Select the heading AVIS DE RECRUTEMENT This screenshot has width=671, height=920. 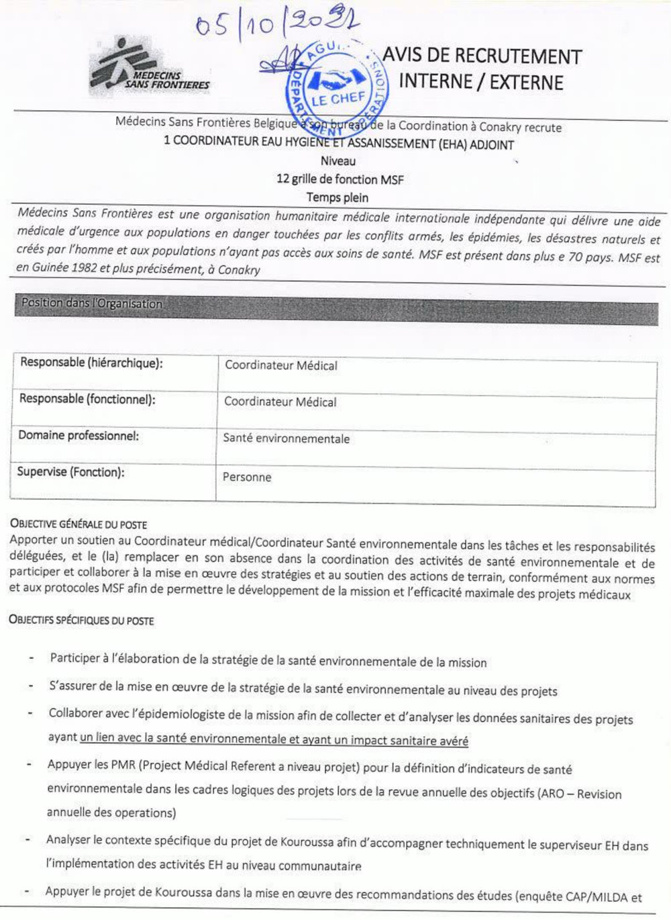click(482, 56)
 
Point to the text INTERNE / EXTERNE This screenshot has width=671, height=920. click(481, 82)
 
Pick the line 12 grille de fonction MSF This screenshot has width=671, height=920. click(340, 179)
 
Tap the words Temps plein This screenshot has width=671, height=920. click(338, 197)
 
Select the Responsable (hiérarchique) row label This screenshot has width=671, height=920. click(91, 363)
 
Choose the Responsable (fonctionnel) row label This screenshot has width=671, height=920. click(87, 399)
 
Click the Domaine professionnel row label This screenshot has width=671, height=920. click(79, 436)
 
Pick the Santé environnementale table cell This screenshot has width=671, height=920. click(287, 439)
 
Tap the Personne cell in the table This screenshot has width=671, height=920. click(247, 477)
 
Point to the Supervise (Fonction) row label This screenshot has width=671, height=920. click(70, 472)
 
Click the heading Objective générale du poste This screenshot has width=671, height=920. click(79, 524)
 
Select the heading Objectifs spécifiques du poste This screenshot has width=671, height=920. click(81, 620)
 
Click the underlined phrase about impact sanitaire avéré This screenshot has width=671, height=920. click(274, 740)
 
